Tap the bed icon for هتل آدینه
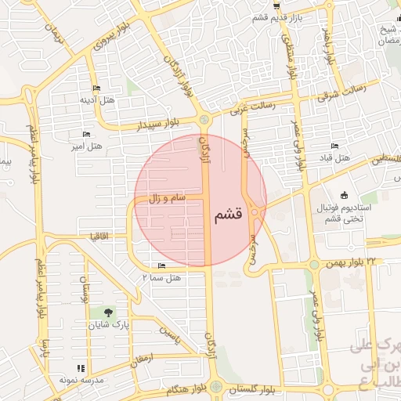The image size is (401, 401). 96,88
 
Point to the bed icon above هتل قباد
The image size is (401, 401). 335,146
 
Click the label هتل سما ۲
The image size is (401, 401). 161,277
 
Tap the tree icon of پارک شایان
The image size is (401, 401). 108,312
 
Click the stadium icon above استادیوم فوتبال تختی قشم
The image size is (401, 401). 344,195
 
